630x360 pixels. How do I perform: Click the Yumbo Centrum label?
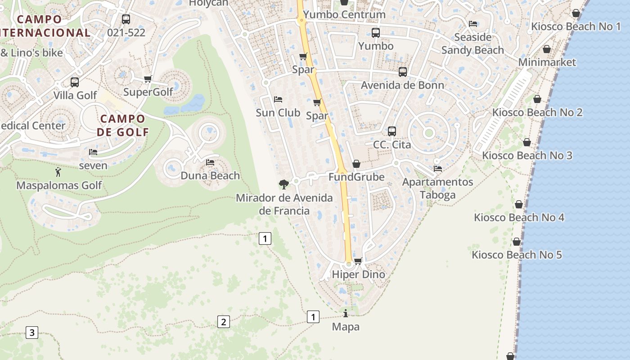[x=344, y=14]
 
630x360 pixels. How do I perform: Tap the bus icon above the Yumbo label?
[x=376, y=32]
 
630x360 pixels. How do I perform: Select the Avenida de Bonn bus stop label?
[x=402, y=85]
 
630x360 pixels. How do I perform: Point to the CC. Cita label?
[x=392, y=144]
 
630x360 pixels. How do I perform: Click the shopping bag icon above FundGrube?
[x=356, y=164]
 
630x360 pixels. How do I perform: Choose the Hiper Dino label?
[x=358, y=274]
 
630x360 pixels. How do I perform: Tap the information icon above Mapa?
[x=346, y=313]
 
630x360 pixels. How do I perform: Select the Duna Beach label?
[x=210, y=175]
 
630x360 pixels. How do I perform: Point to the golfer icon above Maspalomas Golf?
[x=58, y=172]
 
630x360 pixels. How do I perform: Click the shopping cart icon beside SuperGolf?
[x=148, y=79]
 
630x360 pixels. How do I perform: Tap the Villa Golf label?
[x=75, y=95]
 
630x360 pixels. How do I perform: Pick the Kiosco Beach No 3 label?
[x=527, y=156]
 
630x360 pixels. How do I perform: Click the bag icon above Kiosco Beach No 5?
[x=517, y=242]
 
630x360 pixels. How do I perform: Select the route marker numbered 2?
[x=223, y=322]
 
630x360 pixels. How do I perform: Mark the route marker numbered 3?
[x=31, y=333]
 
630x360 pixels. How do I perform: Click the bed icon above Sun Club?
[x=278, y=99]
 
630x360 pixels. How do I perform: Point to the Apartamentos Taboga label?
[x=437, y=188]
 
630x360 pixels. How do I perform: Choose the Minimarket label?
[x=547, y=62]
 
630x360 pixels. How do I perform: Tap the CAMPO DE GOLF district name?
[x=122, y=125]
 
